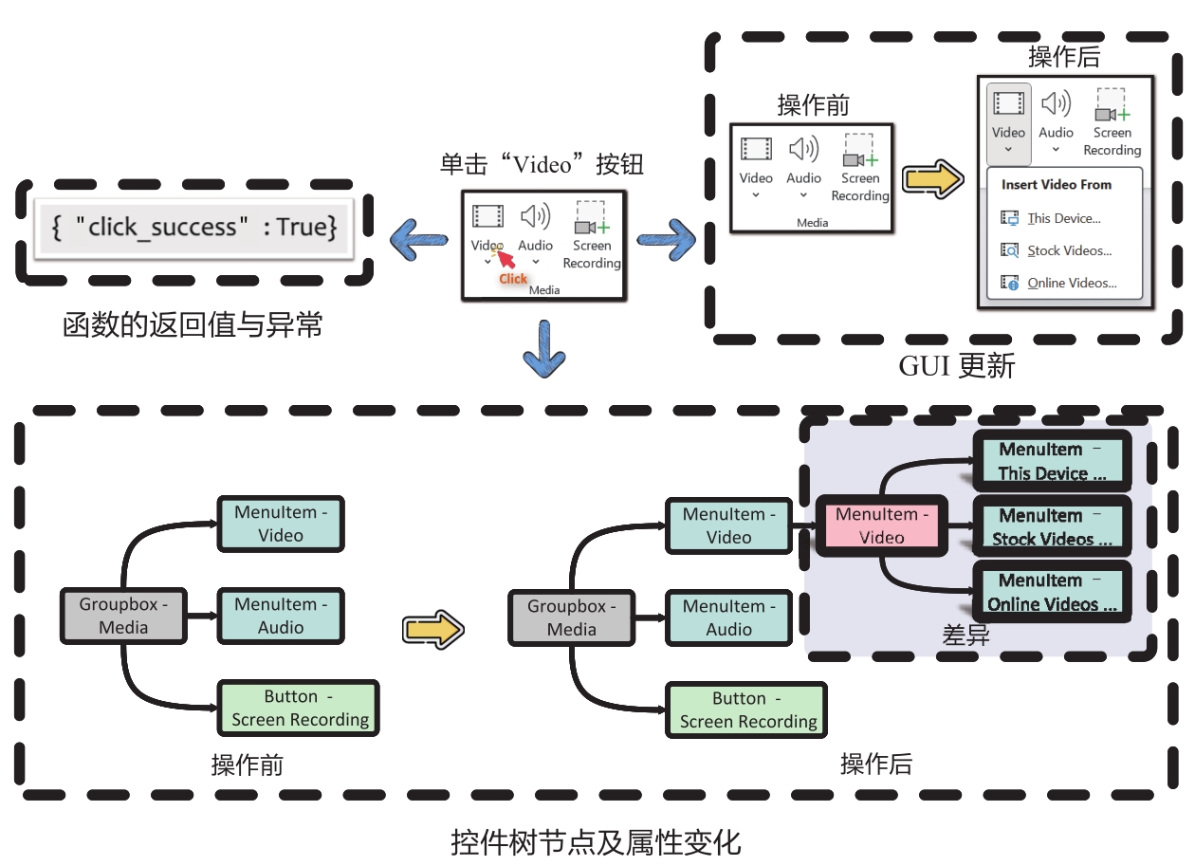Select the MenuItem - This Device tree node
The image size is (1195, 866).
coord(1052,461)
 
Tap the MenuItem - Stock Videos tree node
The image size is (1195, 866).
coord(1052,527)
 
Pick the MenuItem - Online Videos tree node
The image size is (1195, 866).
coord(1052,592)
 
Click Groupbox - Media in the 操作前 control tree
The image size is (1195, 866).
coord(123,615)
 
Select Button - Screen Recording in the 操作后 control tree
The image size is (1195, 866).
coord(747,709)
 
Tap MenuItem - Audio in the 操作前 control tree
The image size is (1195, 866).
coord(281,616)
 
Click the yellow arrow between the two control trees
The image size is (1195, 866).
coord(432,628)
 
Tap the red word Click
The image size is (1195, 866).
coord(513,279)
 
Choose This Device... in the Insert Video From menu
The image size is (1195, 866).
coord(1064,218)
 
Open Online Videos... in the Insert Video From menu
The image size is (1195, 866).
coord(1072,283)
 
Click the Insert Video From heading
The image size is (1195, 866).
coord(1056,185)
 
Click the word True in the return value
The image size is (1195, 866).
coord(302,227)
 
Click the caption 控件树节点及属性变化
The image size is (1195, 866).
coord(596,842)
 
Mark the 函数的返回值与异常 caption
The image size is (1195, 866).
coord(193,325)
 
